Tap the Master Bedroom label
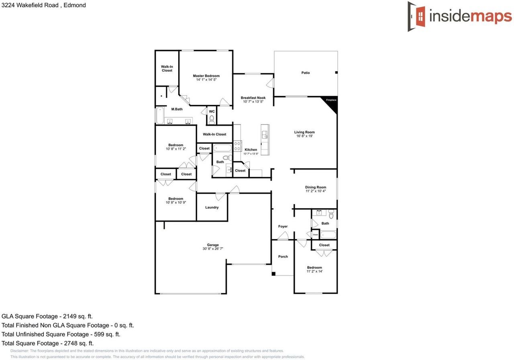point(206,76)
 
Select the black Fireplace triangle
point(332,103)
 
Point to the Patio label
point(306,73)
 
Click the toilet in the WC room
point(212,119)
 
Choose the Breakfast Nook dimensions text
point(253,102)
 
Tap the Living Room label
point(304,132)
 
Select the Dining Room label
point(316,187)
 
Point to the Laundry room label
point(212,207)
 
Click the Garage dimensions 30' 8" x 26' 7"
point(213,249)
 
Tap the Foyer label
point(283,227)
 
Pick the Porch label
point(283,257)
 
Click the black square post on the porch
point(273,274)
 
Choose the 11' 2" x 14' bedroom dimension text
point(314,272)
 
